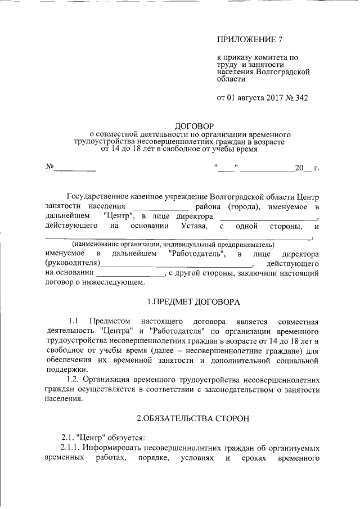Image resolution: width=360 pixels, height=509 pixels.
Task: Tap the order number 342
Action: coord(298,98)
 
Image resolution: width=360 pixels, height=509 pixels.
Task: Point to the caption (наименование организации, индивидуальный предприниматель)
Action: coord(173,245)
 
